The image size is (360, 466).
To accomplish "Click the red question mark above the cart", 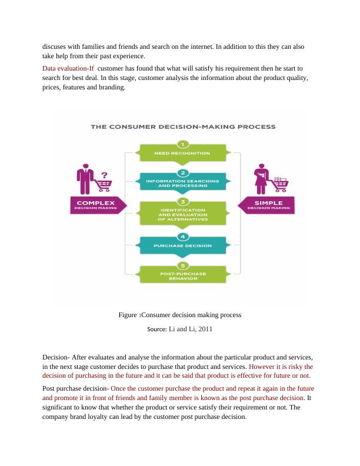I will pos(105,175).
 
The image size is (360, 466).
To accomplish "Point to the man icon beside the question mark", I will pos(85,179).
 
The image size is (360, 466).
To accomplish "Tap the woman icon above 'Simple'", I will pos(260,179).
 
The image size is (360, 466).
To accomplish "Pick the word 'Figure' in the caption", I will pos(128,315).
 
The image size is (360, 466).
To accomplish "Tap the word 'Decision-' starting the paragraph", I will pos(56,357).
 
